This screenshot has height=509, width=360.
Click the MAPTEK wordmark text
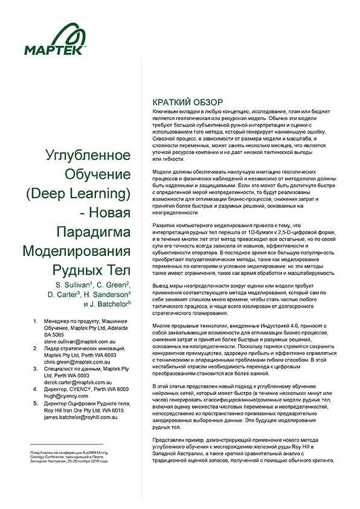(55, 51)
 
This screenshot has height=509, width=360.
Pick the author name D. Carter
(64, 294)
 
